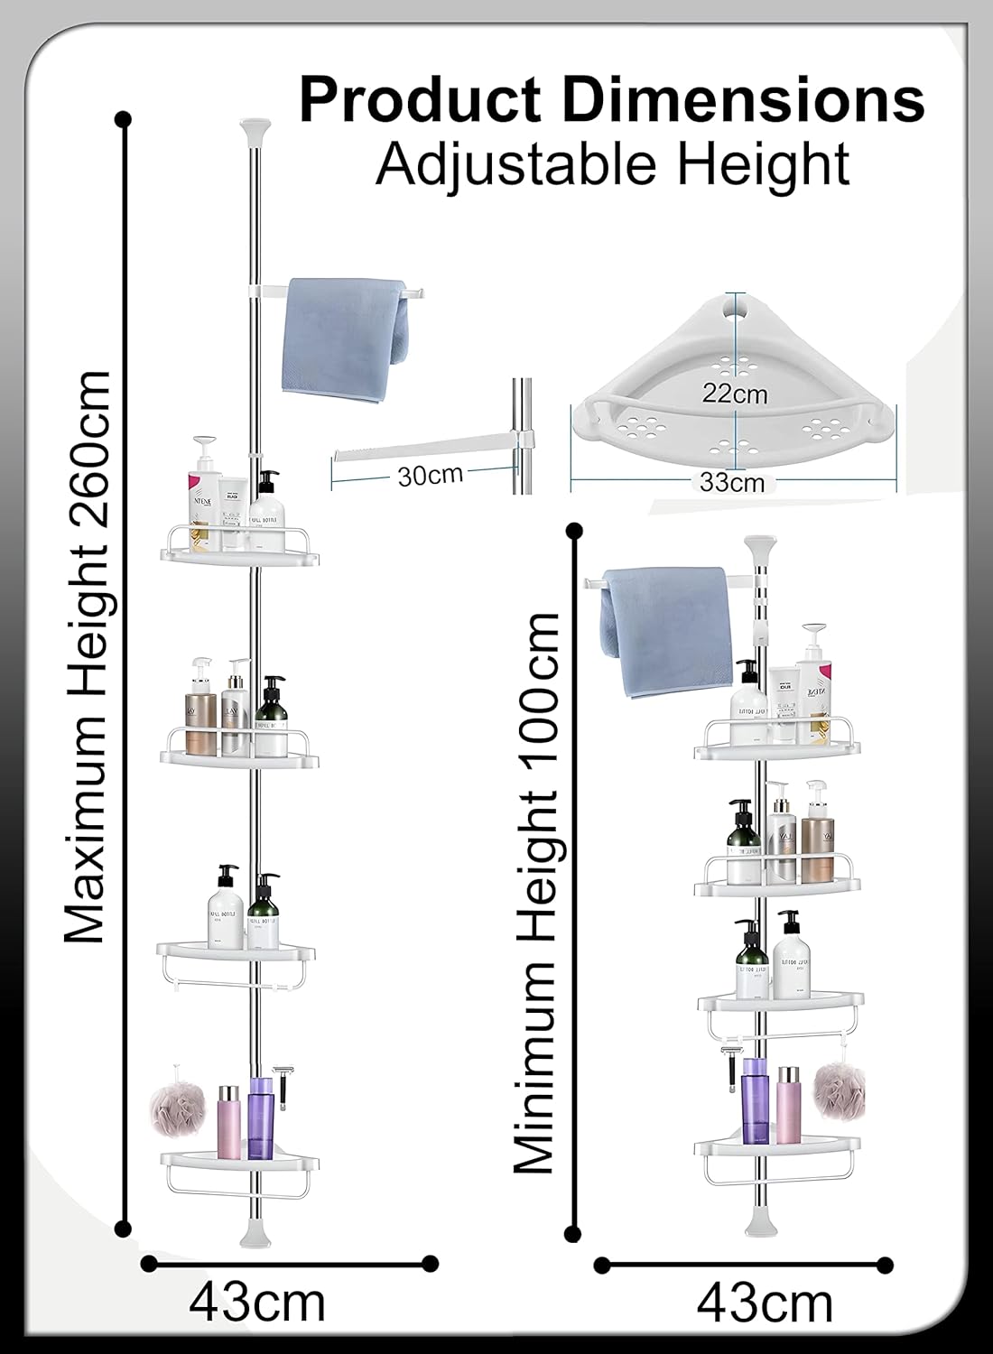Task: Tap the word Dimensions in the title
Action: click(x=744, y=100)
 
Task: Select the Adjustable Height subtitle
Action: click(x=613, y=164)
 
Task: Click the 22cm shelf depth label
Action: click(x=736, y=394)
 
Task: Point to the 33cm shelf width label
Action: click(x=732, y=483)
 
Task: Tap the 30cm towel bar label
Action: click(x=430, y=475)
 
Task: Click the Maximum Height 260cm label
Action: click(x=88, y=657)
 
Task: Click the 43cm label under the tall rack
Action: click(x=257, y=1303)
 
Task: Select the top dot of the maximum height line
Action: click(x=124, y=119)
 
